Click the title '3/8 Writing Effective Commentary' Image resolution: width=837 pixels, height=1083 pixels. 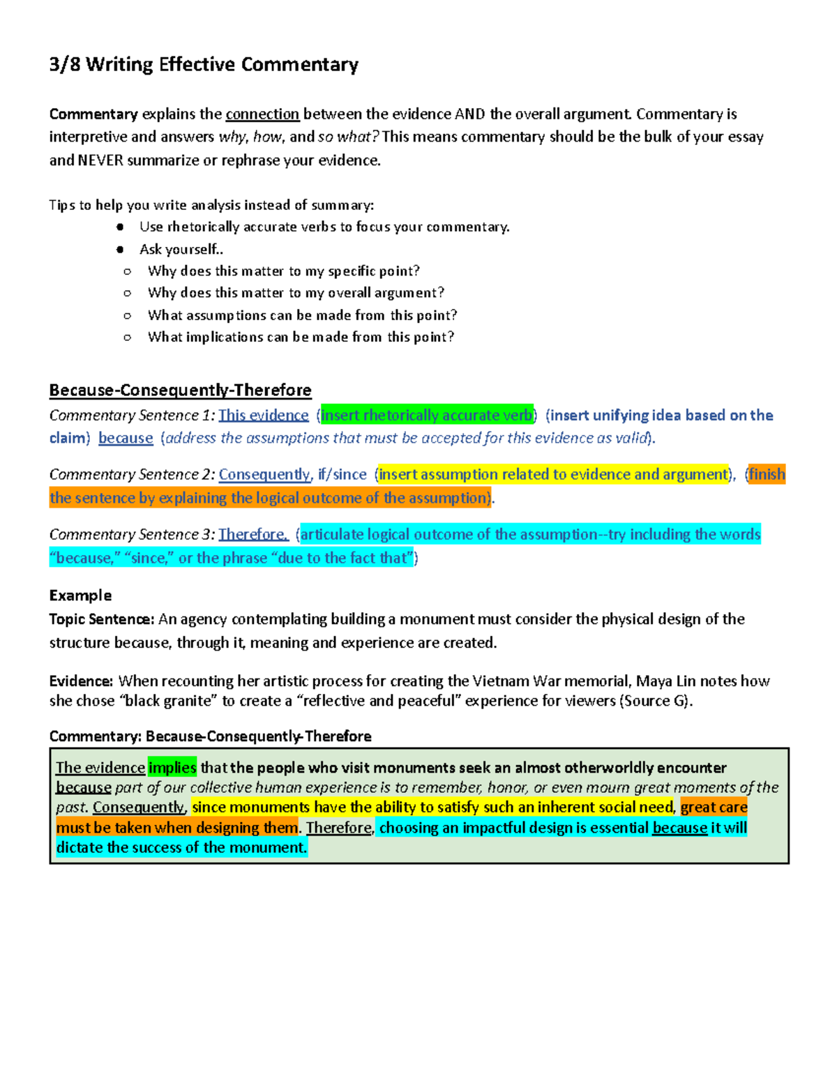click(x=204, y=65)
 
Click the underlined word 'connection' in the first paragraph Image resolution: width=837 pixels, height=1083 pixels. click(x=262, y=114)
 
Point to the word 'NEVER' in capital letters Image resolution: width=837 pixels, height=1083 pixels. click(x=100, y=160)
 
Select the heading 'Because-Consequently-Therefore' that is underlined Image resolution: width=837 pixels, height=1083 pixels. click(x=180, y=390)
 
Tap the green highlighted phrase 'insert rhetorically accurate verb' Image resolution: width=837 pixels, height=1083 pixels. click(x=426, y=416)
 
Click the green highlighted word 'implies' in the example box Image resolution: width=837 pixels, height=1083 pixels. click(x=172, y=768)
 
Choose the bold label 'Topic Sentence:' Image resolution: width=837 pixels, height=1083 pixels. click(x=101, y=619)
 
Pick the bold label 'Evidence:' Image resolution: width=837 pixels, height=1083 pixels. click(x=81, y=681)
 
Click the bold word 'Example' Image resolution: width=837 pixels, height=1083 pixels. click(x=80, y=596)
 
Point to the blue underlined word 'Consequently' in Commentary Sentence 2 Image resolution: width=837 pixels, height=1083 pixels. click(x=264, y=475)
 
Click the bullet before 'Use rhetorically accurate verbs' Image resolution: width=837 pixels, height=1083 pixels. click(x=121, y=227)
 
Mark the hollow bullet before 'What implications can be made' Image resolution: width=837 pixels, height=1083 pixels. click(x=127, y=338)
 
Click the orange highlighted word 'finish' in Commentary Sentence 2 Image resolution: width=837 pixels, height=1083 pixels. click(x=767, y=475)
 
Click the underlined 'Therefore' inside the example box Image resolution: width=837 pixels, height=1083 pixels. click(x=339, y=828)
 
